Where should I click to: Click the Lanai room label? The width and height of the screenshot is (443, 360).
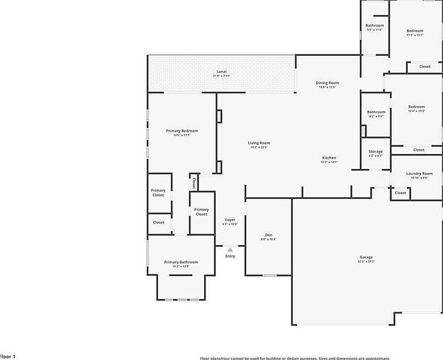coord(221,71)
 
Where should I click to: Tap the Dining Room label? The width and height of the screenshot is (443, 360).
coord(327,83)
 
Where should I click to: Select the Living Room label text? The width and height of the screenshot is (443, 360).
coord(259,143)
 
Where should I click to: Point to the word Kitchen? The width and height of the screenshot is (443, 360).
coord(329,158)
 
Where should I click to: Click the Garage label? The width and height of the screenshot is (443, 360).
coord(366,257)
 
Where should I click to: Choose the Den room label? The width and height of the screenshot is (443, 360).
coord(268,234)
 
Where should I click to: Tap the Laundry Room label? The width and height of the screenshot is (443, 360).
coord(419,174)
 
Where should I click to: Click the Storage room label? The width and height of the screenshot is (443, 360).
coord(375,152)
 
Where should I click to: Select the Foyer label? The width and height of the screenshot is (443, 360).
coord(230,220)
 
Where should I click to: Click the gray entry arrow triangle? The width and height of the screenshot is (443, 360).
coord(230,249)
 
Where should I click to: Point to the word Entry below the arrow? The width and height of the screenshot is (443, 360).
coord(230,256)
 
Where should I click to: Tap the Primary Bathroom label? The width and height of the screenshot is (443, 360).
coord(181,262)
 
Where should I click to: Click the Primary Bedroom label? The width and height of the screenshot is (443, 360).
coord(181,131)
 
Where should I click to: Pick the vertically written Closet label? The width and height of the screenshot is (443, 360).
coord(194,183)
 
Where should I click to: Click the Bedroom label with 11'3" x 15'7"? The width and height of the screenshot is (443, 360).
coord(415,31)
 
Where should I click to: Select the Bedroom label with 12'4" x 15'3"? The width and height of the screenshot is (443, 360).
coord(417,107)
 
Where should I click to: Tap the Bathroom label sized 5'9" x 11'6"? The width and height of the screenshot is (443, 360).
coord(375,25)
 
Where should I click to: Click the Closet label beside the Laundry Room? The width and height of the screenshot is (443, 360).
coord(400,193)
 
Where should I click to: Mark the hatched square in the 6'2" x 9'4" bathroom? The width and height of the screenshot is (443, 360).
coord(363,131)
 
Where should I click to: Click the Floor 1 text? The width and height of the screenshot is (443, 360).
coord(7,356)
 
